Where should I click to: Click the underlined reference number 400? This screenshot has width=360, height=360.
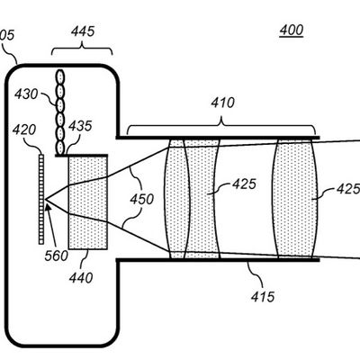pyautogui.click(x=292, y=31)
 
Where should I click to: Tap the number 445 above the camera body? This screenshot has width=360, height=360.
pyautogui.click(x=83, y=31)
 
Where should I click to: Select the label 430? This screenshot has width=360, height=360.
pyautogui.click(x=26, y=94)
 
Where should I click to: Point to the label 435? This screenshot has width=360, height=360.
pyautogui.click(x=80, y=126)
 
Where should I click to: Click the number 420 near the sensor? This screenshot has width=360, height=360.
pyautogui.click(x=24, y=130)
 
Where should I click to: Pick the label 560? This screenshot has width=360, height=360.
pyautogui.click(x=57, y=256)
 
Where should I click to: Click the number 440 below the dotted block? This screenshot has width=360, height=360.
pyautogui.click(x=81, y=278)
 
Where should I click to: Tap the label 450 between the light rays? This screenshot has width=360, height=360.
pyautogui.click(x=142, y=199)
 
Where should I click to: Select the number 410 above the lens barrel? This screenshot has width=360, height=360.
pyautogui.click(x=222, y=103)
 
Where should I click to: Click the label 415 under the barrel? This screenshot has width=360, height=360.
pyautogui.click(x=263, y=297)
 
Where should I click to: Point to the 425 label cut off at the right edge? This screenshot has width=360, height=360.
pyautogui.click(x=348, y=189)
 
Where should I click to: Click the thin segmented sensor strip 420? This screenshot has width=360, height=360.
pyautogui.click(x=41, y=199)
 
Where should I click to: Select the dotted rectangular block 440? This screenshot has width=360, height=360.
pyautogui.click(x=88, y=202)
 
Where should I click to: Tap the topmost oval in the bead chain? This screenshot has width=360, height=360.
pyautogui.click(x=60, y=76)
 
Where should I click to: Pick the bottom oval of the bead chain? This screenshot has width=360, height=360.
pyautogui.click(x=60, y=147)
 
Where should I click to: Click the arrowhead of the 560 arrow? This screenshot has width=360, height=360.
pyautogui.click(x=48, y=203)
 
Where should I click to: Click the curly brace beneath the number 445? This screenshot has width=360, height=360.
pyautogui.click(x=82, y=49)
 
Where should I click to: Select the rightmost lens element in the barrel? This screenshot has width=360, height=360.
pyautogui.click(x=295, y=199)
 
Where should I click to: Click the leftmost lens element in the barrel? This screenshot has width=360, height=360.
pyautogui.click(x=177, y=199)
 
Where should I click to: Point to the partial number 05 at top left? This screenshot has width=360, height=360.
pyautogui.click(x=7, y=35)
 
